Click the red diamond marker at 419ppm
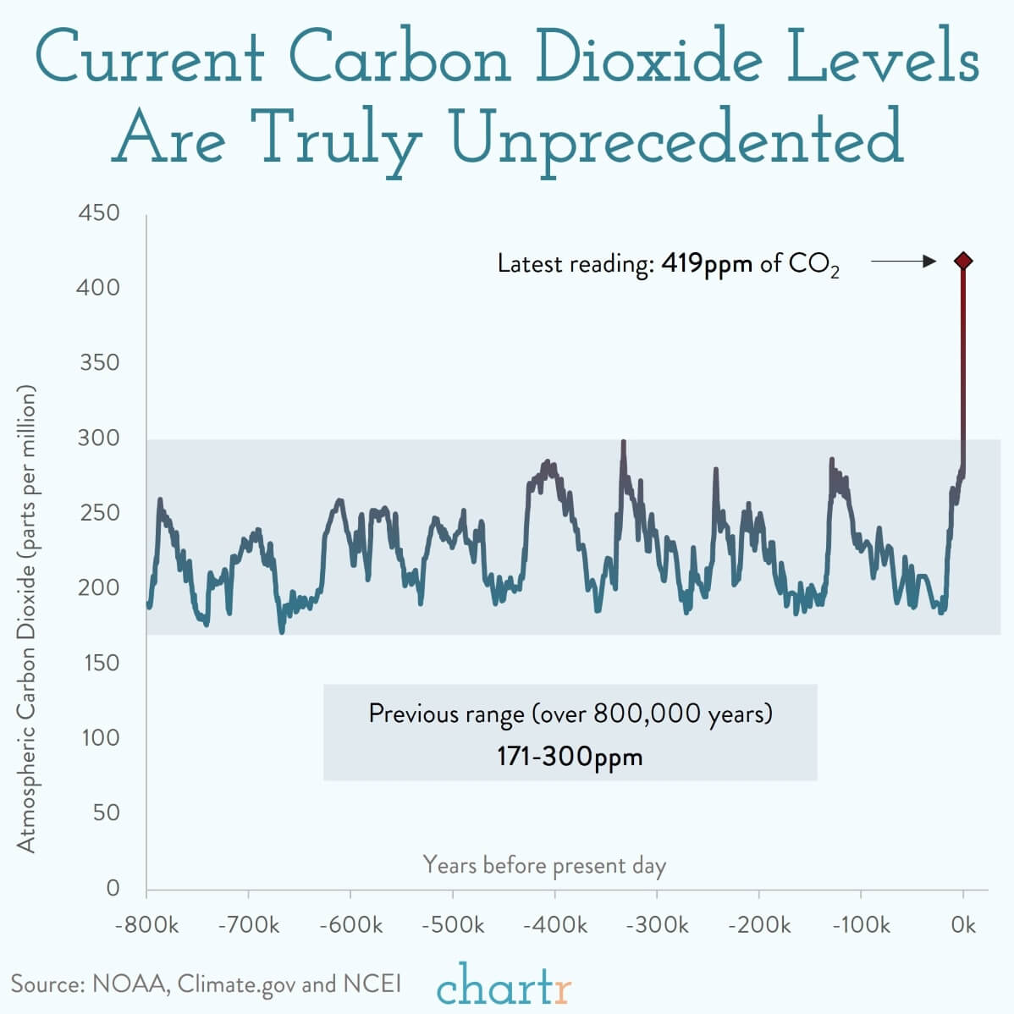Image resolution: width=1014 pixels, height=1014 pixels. [962, 261]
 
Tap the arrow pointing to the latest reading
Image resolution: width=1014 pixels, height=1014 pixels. [903, 262]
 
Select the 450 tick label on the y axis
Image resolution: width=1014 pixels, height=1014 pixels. [99, 212]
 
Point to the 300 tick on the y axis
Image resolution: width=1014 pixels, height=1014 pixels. [99, 438]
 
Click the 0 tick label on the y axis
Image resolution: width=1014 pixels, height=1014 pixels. [113, 887]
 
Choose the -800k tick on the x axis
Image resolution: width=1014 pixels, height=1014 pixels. [146, 924]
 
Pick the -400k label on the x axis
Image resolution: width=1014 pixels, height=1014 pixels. [555, 924]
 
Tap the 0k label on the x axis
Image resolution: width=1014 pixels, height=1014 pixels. [963, 924]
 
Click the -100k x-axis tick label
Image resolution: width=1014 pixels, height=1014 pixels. [861, 924]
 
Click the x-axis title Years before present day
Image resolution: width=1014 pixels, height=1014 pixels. [544, 865]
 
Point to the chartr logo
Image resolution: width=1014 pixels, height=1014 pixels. [504, 984]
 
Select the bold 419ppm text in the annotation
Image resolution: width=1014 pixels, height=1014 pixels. [707, 263]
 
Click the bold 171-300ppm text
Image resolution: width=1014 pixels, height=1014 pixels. [570, 755]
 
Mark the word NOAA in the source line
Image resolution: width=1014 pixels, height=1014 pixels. [130, 984]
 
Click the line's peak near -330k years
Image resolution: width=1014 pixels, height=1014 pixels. [624, 442]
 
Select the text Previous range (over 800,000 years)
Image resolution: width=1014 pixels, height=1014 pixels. [570, 714]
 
